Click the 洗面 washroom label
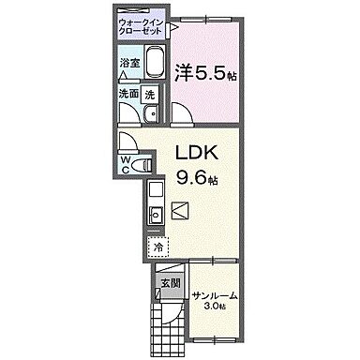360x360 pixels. (128, 94)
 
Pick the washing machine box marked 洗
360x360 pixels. (151, 94)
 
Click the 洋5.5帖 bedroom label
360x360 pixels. (203, 71)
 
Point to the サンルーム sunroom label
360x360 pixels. (215, 296)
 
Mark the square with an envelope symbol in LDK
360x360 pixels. (181, 211)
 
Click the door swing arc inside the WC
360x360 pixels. (128, 147)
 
